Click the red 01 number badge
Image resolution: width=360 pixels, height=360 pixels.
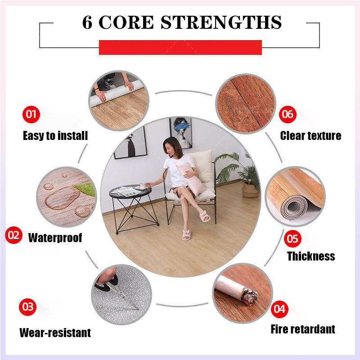pyautogui.click(x=31, y=114)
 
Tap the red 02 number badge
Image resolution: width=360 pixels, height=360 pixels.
pyautogui.click(x=14, y=235)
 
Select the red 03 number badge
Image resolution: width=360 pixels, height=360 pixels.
pyautogui.click(x=28, y=307)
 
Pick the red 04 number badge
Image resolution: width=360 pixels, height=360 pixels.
pyautogui.click(x=279, y=309)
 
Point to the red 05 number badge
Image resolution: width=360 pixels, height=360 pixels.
pyautogui.click(x=292, y=239)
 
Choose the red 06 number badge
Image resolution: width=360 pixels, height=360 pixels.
pyautogui.click(x=288, y=114)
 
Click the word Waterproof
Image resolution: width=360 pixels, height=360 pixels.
pyautogui.click(x=55, y=238)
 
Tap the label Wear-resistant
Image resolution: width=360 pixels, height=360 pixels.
pyautogui.click(x=55, y=333)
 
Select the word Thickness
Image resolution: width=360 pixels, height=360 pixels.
pyautogui.click(x=311, y=256)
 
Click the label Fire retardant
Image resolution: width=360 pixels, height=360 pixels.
pyautogui.click(x=303, y=329)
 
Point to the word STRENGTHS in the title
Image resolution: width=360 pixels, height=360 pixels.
pyautogui.click(x=221, y=22)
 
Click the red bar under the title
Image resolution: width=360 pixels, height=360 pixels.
pyautogui.click(x=180, y=47)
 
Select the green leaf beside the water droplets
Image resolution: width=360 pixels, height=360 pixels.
pyautogui.click(x=85, y=189)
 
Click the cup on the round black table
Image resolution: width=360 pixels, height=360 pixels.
pyautogui.click(x=143, y=185)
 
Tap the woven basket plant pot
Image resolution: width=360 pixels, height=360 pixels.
pyautogui.click(x=250, y=190)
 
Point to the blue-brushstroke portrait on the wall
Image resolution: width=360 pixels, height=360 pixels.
pyautogui.click(x=181, y=133)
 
